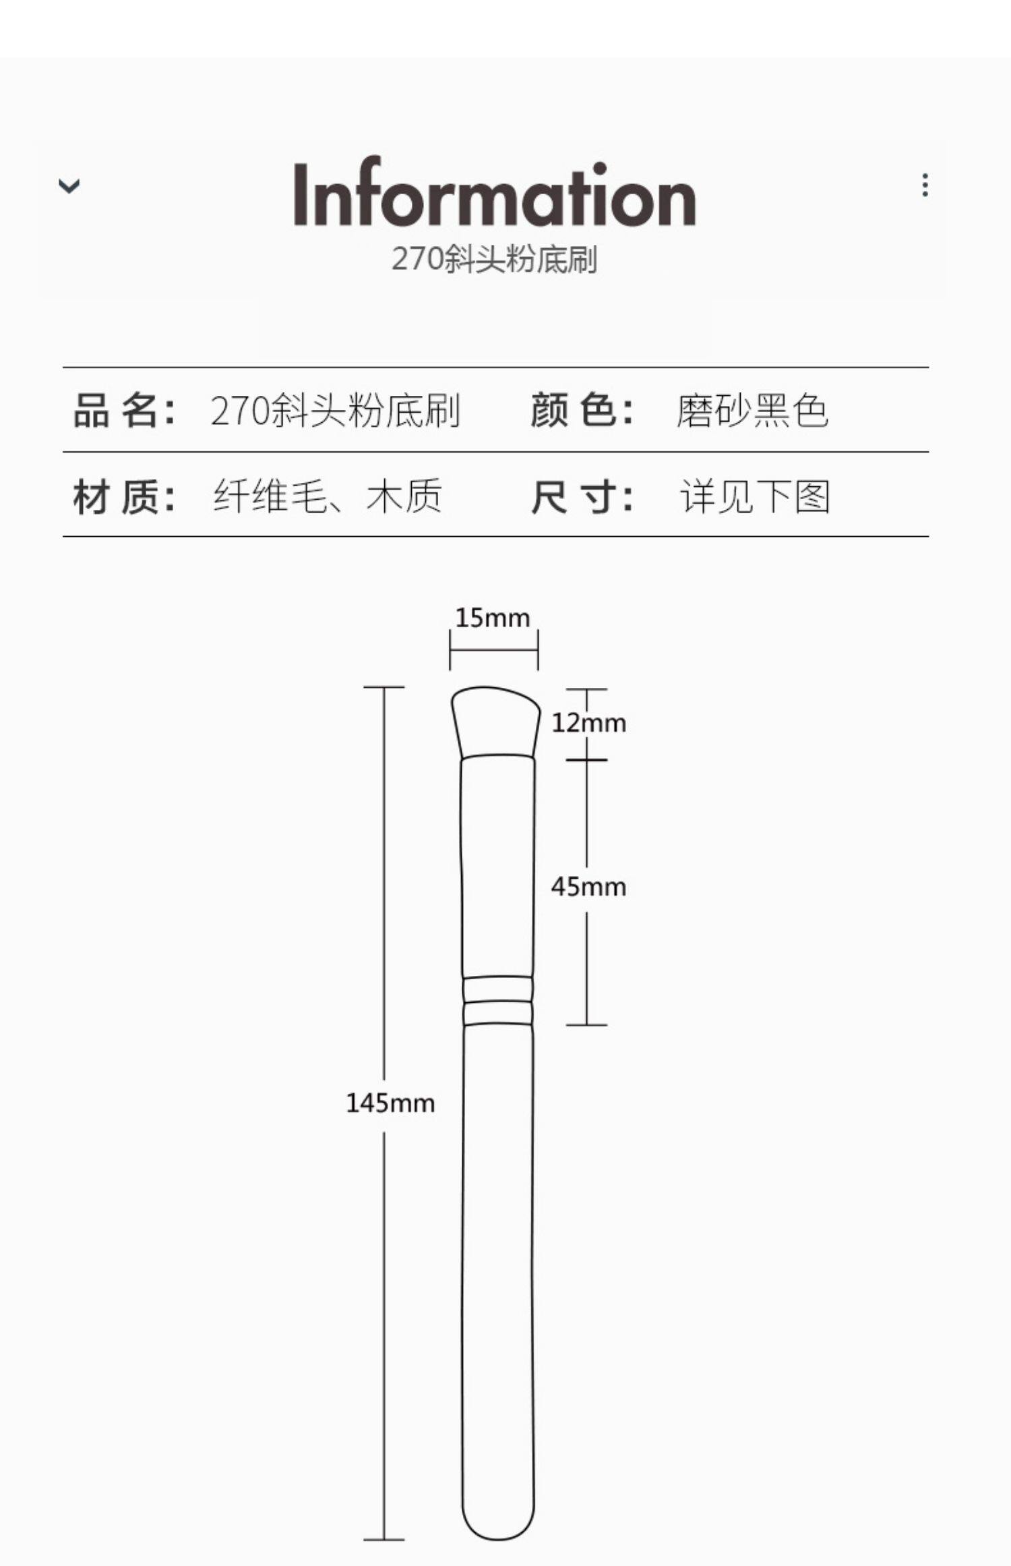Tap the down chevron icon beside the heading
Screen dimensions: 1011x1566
click(69, 185)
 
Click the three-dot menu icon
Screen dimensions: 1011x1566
click(925, 185)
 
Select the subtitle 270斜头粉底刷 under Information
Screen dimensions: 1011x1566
click(494, 260)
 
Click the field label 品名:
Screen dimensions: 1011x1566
click(125, 410)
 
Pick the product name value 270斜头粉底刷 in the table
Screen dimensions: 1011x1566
click(335, 410)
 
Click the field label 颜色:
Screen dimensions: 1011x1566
click(582, 410)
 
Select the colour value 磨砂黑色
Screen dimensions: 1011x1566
click(752, 410)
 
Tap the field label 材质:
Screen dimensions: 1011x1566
click(125, 497)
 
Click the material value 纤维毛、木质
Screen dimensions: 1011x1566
click(328, 497)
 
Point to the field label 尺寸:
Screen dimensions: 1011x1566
click(582, 497)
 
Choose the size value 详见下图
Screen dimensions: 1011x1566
click(754, 497)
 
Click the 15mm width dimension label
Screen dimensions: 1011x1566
click(493, 618)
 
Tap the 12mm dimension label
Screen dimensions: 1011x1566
click(588, 723)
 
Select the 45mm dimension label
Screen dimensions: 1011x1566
click(588, 886)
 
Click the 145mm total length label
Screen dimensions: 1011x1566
click(390, 1103)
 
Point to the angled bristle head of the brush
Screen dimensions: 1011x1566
click(496, 720)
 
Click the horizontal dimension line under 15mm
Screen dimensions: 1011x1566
click(494, 650)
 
